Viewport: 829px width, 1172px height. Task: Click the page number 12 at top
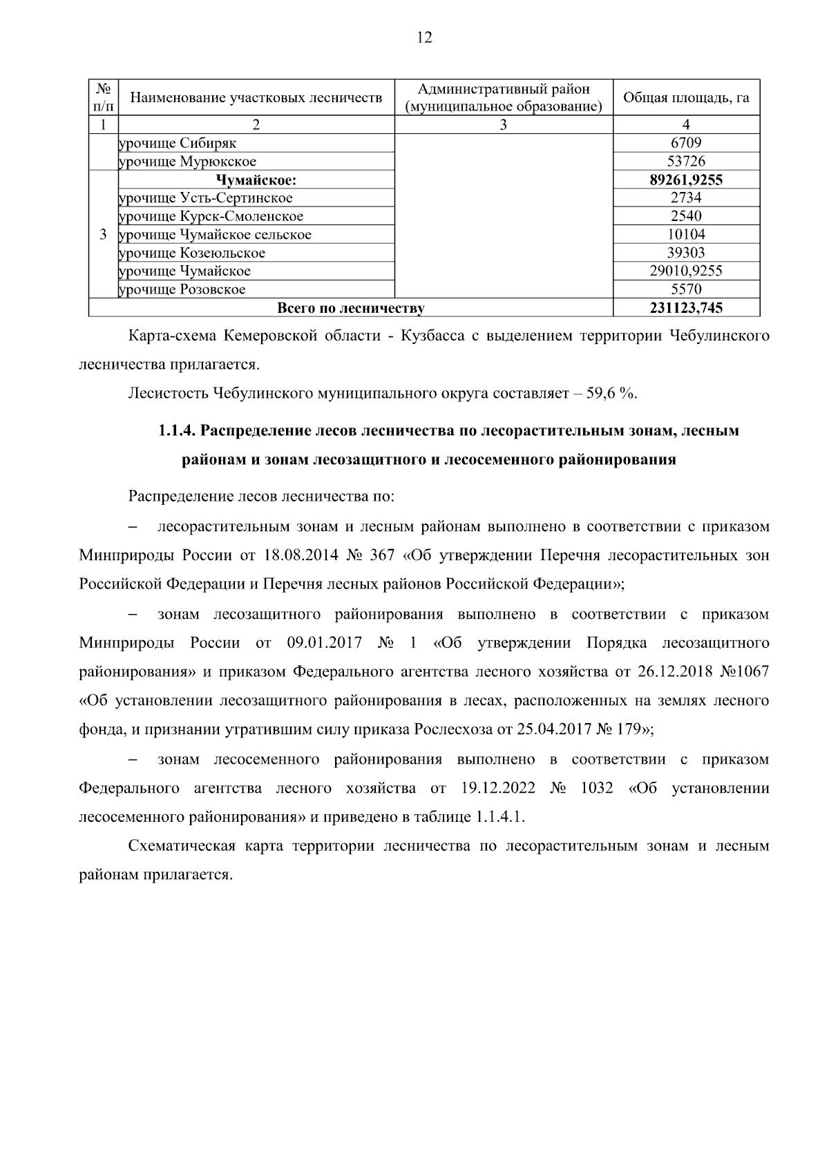pyautogui.click(x=424, y=38)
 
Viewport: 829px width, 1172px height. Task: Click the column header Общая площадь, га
pyautogui.click(x=686, y=98)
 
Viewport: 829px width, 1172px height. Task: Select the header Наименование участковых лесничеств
pyautogui.click(x=256, y=98)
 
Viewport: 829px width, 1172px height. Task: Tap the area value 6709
pyautogui.click(x=686, y=144)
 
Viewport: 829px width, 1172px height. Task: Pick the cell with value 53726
pyautogui.click(x=686, y=162)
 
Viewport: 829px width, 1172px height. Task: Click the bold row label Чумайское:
pyautogui.click(x=256, y=180)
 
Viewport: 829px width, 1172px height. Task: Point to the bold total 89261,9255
pyautogui.click(x=686, y=180)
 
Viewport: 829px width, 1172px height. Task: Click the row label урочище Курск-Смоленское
pyautogui.click(x=211, y=216)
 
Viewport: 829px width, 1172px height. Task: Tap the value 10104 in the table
pyautogui.click(x=686, y=235)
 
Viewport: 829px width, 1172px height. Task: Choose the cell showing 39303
pyautogui.click(x=686, y=253)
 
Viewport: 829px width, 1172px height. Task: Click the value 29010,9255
pyautogui.click(x=686, y=271)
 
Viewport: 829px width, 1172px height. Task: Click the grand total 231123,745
pyautogui.click(x=686, y=308)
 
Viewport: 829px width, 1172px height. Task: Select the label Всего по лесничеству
pyautogui.click(x=350, y=308)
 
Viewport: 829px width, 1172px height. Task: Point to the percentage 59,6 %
pyautogui.click(x=610, y=394)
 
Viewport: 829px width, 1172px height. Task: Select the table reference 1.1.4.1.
pyautogui.click(x=500, y=817)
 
